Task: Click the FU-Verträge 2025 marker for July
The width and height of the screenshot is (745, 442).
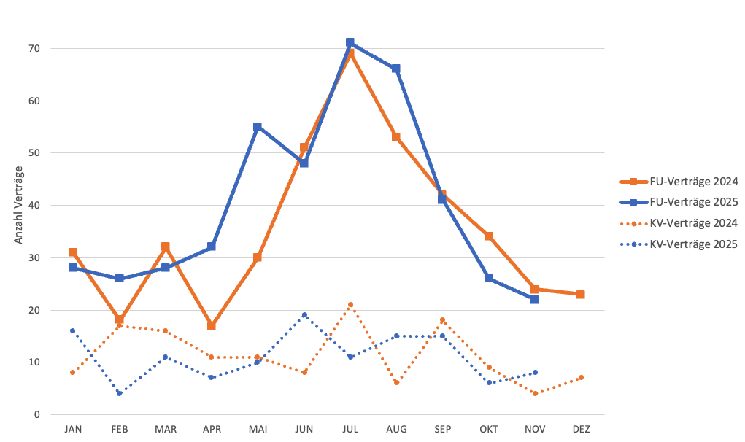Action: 350,42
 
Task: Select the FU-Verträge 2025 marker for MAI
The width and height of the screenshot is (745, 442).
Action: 258,127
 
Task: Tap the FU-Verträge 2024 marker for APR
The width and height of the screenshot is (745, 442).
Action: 212,325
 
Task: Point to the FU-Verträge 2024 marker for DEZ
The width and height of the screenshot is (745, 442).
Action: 581,294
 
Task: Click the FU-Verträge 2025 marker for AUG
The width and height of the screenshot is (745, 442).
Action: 396,69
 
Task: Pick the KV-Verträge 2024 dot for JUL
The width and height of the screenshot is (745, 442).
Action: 350,304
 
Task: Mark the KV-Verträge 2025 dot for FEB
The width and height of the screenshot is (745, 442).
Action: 119,393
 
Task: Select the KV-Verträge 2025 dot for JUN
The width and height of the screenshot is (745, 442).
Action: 304,315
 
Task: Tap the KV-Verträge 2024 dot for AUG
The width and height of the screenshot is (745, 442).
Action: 396,383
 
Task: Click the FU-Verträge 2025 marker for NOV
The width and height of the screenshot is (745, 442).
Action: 535,299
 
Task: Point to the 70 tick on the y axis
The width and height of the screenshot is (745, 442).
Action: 34,49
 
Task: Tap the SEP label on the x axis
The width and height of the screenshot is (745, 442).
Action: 442,429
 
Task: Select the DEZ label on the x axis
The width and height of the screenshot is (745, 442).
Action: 581,429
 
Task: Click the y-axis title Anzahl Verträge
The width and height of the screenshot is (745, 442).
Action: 18,205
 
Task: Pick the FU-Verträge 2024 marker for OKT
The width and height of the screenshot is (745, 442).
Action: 488,236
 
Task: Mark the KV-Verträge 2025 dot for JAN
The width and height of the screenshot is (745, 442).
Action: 73,330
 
